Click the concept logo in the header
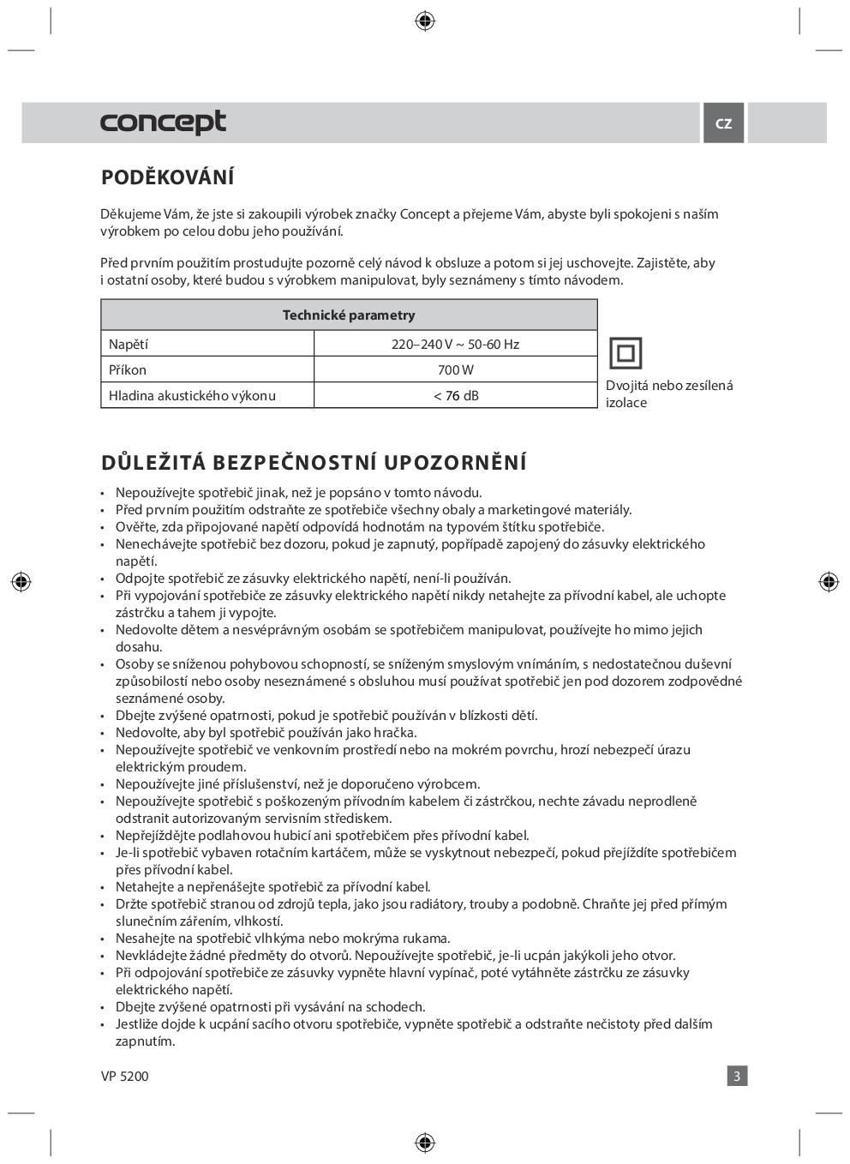point(163,123)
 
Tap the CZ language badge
point(723,123)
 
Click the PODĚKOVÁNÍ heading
point(167,177)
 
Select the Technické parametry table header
point(349,315)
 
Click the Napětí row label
point(129,344)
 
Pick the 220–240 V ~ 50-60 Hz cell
point(455,344)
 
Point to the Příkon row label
point(128,369)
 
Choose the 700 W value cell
point(455,369)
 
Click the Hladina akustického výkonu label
point(192,395)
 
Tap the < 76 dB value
point(455,395)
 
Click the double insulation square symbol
point(625,353)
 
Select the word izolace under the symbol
point(626,403)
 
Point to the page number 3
point(736,1076)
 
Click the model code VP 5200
point(124,1076)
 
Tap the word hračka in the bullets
point(394,733)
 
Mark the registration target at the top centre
point(424,21)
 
